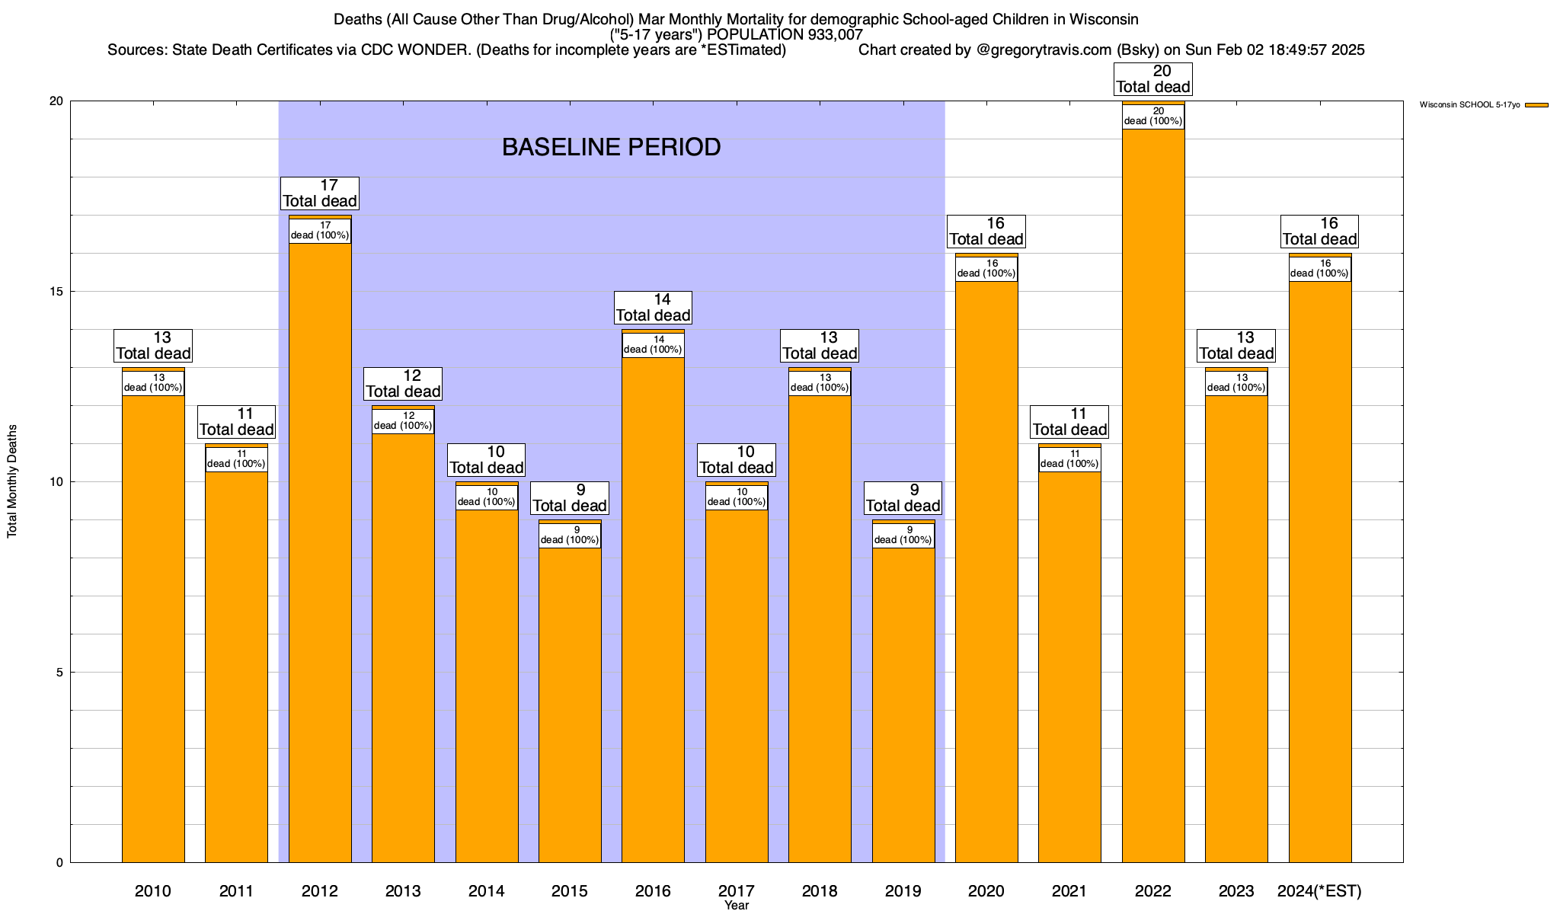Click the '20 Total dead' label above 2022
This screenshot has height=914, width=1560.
tap(1153, 79)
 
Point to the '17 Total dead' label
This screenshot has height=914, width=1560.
tap(320, 193)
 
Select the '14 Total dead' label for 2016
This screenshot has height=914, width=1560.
tap(654, 308)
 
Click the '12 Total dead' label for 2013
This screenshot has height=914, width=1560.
tap(403, 384)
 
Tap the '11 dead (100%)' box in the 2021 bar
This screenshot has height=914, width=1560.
tap(1069, 459)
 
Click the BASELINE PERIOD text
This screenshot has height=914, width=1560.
tap(611, 147)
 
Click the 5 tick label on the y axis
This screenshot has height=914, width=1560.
tap(59, 673)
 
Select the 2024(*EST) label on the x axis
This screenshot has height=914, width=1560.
tap(1319, 891)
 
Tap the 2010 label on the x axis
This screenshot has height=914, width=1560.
tap(153, 891)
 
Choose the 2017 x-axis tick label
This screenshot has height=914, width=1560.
tap(737, 891)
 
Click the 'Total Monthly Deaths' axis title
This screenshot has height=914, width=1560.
tap(12, 481)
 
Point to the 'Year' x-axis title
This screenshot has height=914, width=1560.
tap(737, 906)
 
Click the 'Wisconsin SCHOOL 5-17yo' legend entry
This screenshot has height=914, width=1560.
tap(1469, 104)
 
